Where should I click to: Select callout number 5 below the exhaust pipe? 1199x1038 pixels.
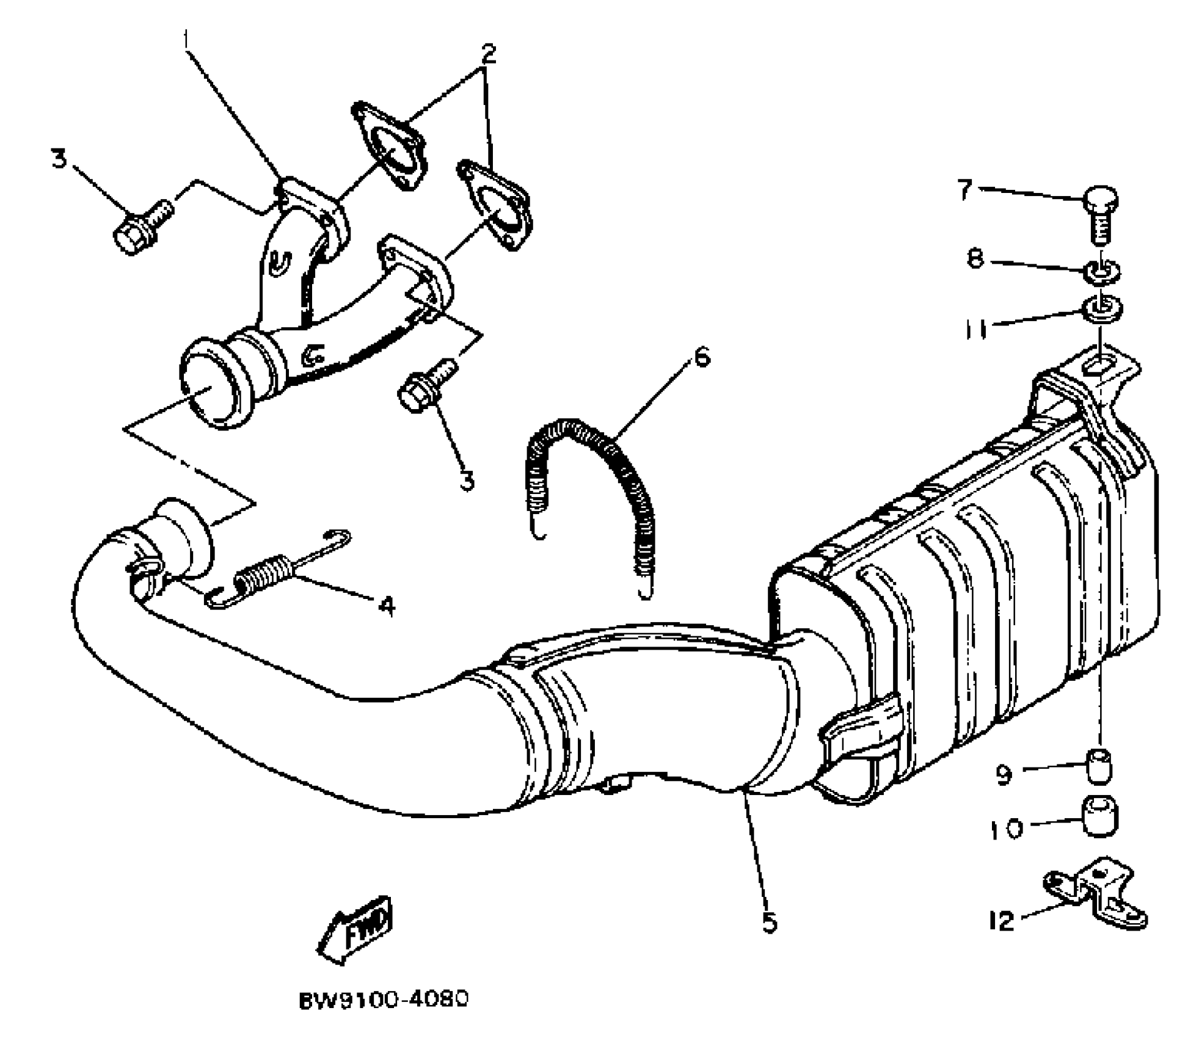tap(770, 923)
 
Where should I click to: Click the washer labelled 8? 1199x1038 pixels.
tap(1101, 271)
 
